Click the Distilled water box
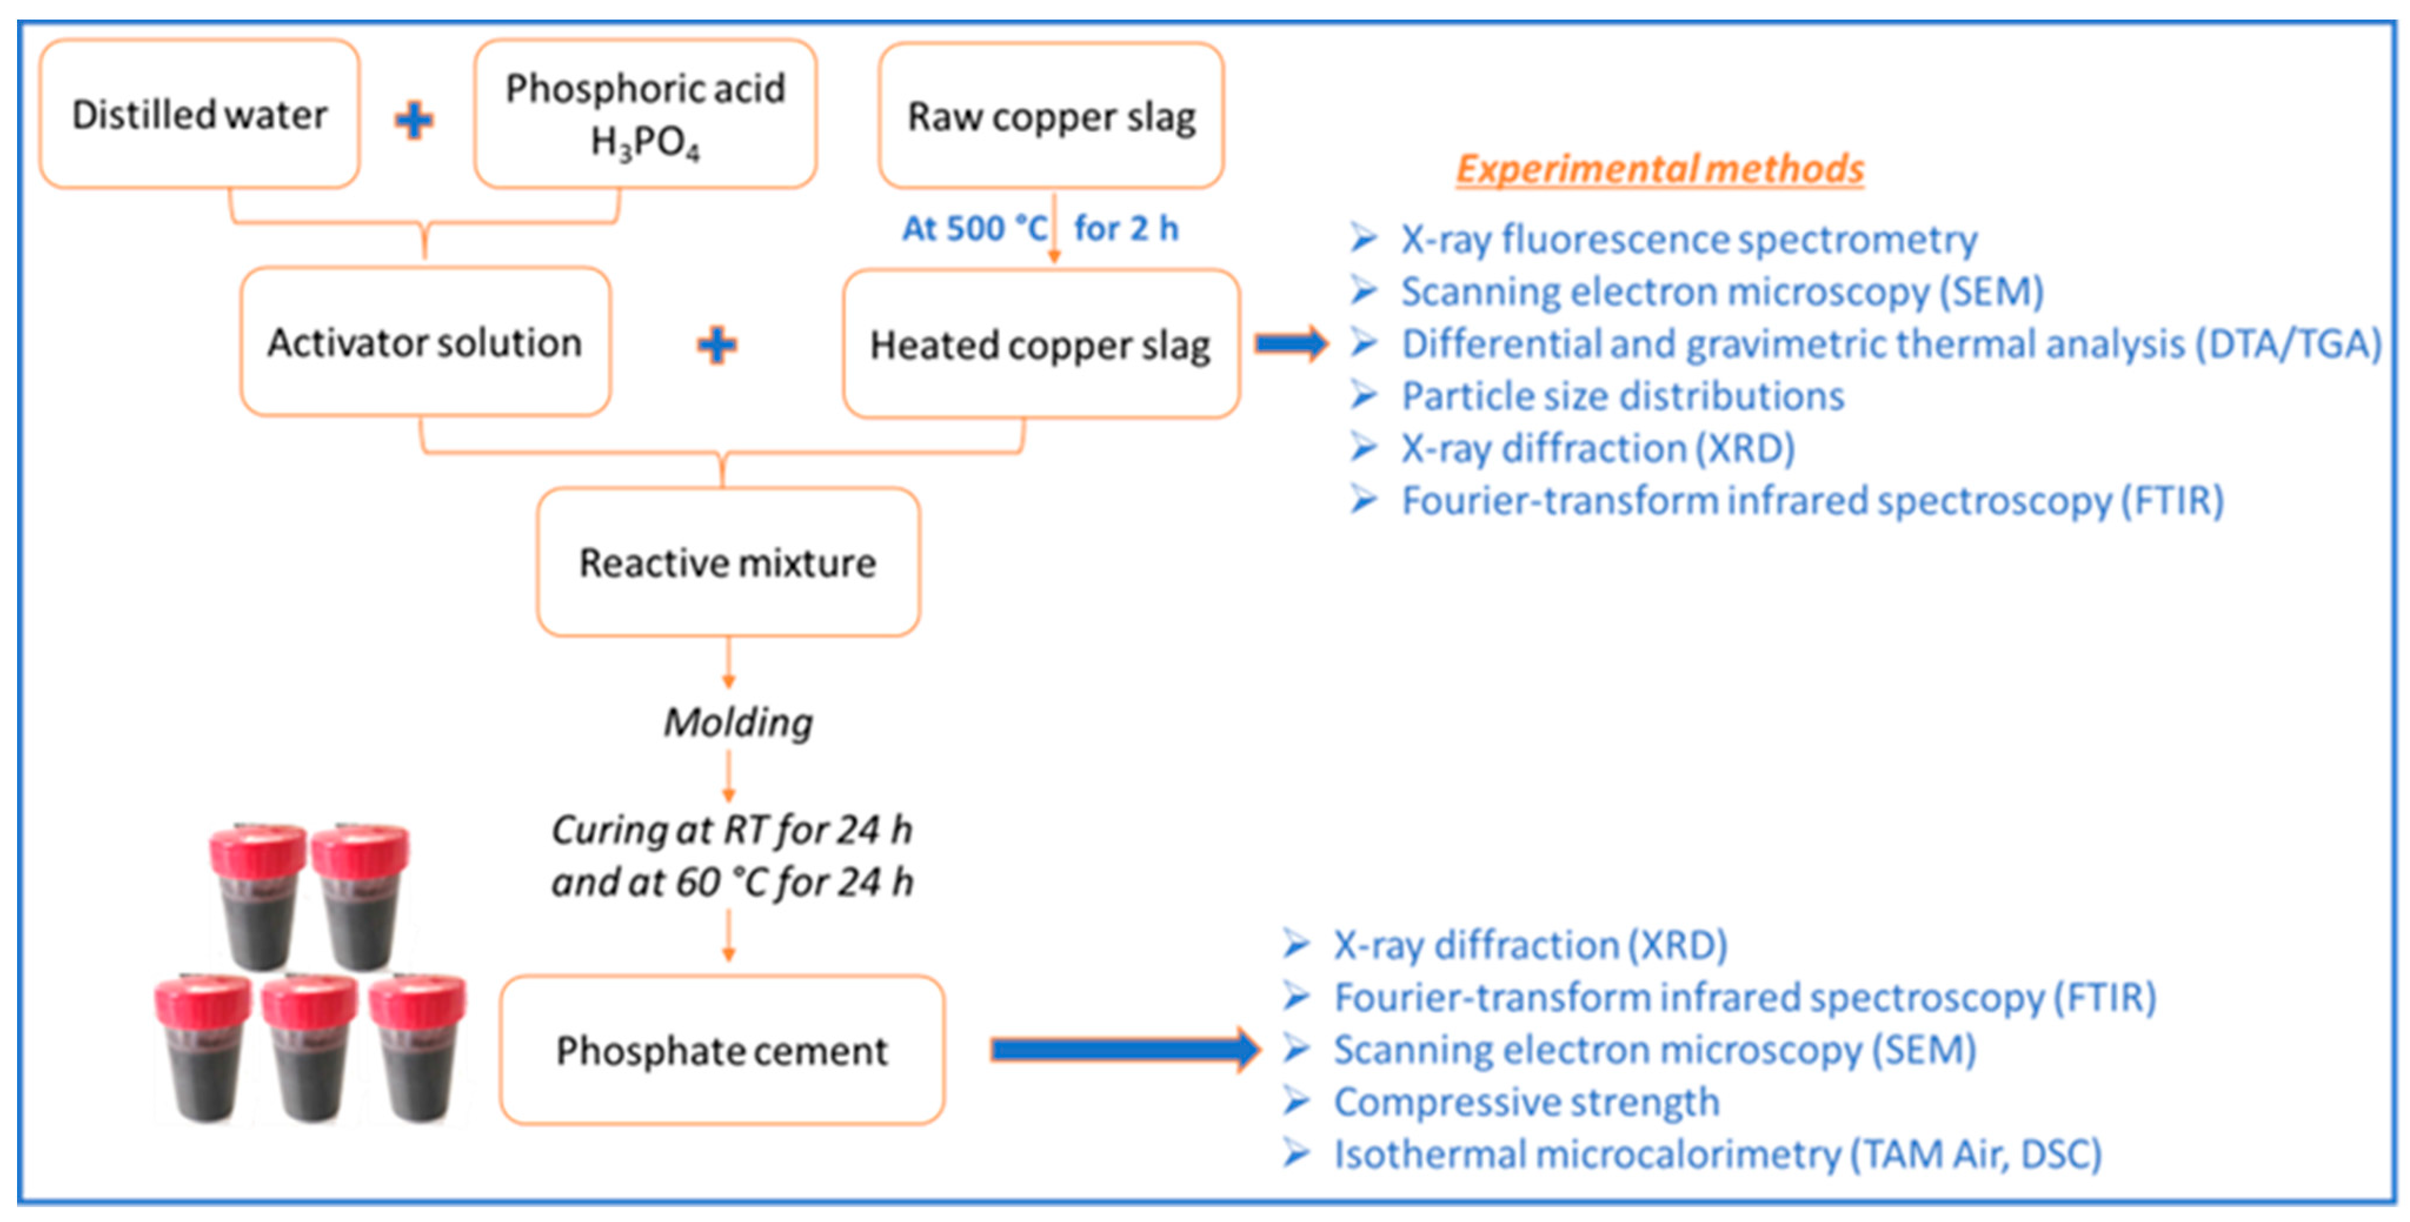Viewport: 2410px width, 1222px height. click(x=200, y=114)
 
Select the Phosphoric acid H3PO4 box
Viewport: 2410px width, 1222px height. click(x=646, y=114)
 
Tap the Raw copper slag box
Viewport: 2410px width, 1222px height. click(x=1052, y=116)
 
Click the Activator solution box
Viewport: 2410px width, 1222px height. click(x=426, y=343)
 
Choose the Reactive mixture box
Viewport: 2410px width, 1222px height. click(x=728, y=562)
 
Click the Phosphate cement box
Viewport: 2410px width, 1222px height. click(x=722, y=1050)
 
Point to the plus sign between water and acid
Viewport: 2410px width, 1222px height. click(x=414, y=119)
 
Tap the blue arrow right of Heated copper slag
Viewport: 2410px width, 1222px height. click(x=1291, y=343)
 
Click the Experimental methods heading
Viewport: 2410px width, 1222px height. click(x=1660, y=170)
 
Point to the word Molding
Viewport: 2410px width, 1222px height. click(x=738, y=722)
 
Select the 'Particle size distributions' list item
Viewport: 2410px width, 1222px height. click(x=1622, y=396)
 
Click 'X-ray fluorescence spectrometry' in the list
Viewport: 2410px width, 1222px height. click(x=1688, y=240)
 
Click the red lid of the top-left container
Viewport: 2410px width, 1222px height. click(x=257, y=849)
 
